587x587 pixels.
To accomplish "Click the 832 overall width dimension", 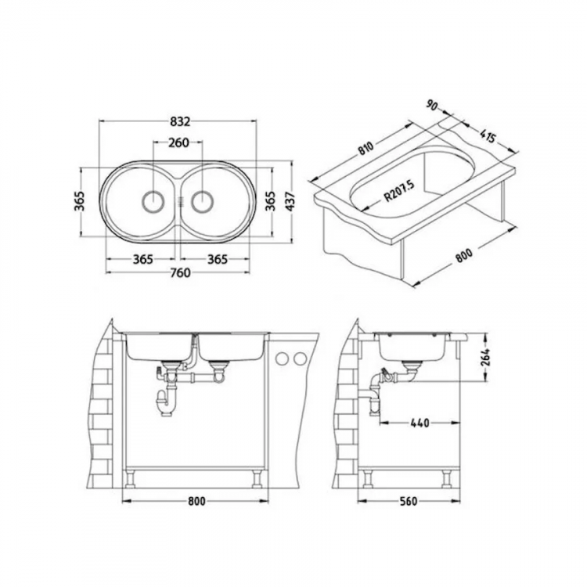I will (x=179, y=121).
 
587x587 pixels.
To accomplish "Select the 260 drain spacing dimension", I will (x=178, y=143).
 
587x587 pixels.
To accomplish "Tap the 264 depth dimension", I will (x=485, y=356).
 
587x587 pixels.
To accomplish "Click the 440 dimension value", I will (x=420, y=423).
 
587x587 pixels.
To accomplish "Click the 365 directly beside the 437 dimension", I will (x=268, y=202).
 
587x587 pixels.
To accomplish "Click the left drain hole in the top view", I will (x=151, y=201).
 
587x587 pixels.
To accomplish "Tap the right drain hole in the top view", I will (x=202, y=201).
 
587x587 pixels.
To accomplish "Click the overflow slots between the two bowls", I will (x=179, y=201).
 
